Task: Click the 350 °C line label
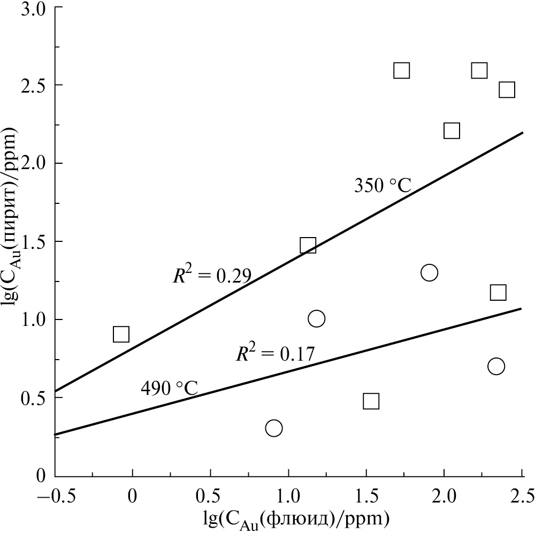(382, 186)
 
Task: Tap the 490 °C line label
(169, 387)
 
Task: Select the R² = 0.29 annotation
(212, 275)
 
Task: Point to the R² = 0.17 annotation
(275, 354)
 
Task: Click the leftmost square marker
(121, 334)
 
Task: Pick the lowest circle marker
(273, 428)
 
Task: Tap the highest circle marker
(429, 272)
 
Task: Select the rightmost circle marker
(496, 367)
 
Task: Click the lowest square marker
(371, 401)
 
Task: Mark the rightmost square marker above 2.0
(507, 89)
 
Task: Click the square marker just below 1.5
(308, 246)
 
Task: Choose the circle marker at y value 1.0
(316, 319)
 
